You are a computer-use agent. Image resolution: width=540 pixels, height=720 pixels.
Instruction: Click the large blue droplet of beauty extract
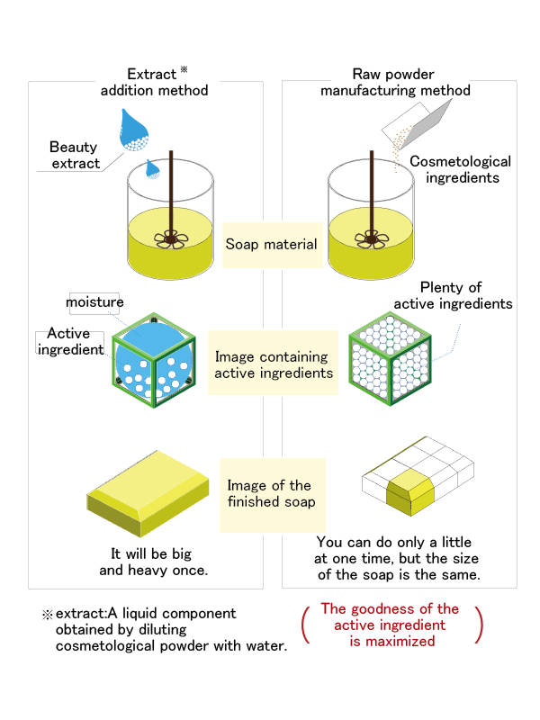tap(133, 130)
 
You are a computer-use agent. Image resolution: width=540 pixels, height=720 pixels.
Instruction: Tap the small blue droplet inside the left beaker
tap(152, 169)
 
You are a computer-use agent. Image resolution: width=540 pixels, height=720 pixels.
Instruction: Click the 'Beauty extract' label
tap(74, 155)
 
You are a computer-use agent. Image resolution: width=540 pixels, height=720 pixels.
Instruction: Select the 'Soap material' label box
tap(273, 245)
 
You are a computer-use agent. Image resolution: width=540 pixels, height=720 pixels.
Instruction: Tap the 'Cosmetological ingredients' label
tap(460, 169)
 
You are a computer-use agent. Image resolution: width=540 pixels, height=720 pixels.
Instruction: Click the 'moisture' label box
tap(94, 303)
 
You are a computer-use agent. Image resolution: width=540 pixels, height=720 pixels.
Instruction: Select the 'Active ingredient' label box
tap(70, 342)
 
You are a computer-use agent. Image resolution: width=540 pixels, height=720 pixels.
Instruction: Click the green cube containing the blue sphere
tap(154, 361)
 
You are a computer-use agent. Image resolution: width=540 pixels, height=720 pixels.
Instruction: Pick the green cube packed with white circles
tap(391, 358)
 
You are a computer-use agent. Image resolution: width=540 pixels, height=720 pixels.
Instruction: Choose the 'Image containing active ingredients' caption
tap(274, 364)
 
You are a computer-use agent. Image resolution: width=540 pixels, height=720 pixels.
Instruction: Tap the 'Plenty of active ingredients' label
tap(453, 296)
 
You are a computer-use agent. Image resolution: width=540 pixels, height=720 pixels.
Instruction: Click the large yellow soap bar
tap(148, 493)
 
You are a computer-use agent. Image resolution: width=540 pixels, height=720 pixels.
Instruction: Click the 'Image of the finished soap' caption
tap(272, 493)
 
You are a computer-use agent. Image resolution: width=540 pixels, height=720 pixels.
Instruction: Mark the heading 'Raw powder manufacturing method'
tap(395, 82)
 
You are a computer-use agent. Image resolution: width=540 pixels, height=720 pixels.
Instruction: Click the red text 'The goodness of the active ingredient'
tap(390, 616)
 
